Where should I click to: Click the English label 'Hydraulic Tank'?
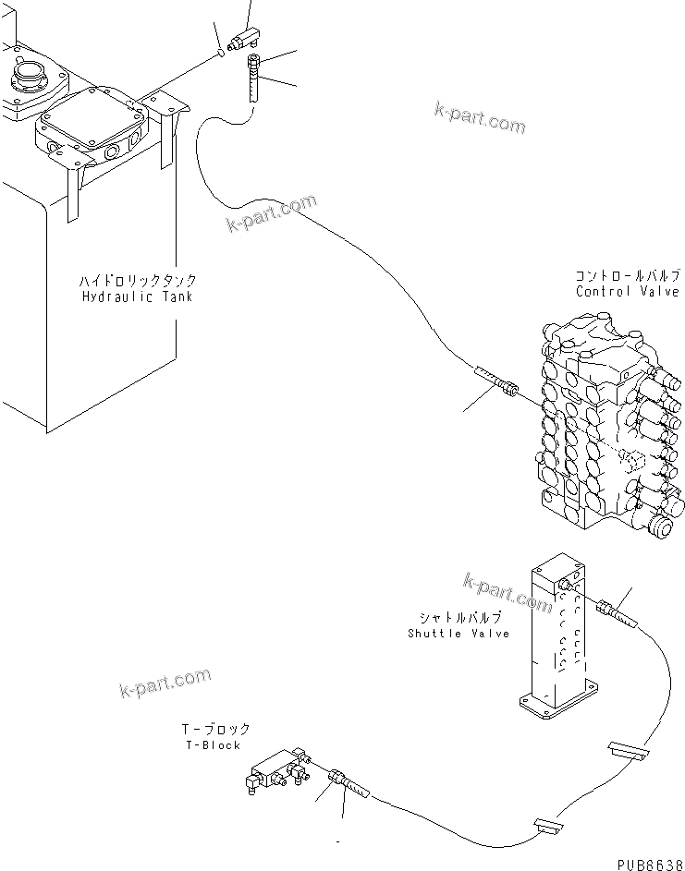(139, 296)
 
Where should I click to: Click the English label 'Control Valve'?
(627, 291)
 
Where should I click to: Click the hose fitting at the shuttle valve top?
(614, 612)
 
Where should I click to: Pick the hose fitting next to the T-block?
(348, 782)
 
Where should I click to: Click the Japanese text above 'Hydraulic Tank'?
(139, 280)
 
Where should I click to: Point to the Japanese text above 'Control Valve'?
(628, 275)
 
